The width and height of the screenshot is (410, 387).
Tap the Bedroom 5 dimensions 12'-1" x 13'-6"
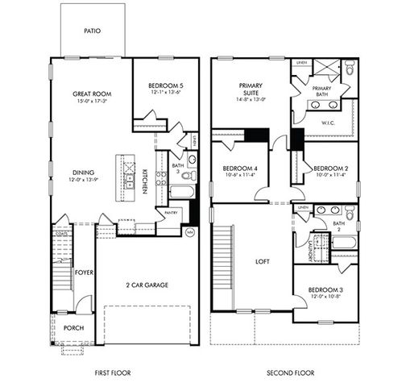166,93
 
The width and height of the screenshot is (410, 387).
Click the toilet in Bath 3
188,175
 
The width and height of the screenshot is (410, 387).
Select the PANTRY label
170,214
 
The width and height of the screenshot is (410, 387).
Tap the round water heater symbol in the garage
189,232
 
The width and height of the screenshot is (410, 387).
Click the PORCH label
73,328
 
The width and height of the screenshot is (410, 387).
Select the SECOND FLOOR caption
289,372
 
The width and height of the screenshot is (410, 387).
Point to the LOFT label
261,262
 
